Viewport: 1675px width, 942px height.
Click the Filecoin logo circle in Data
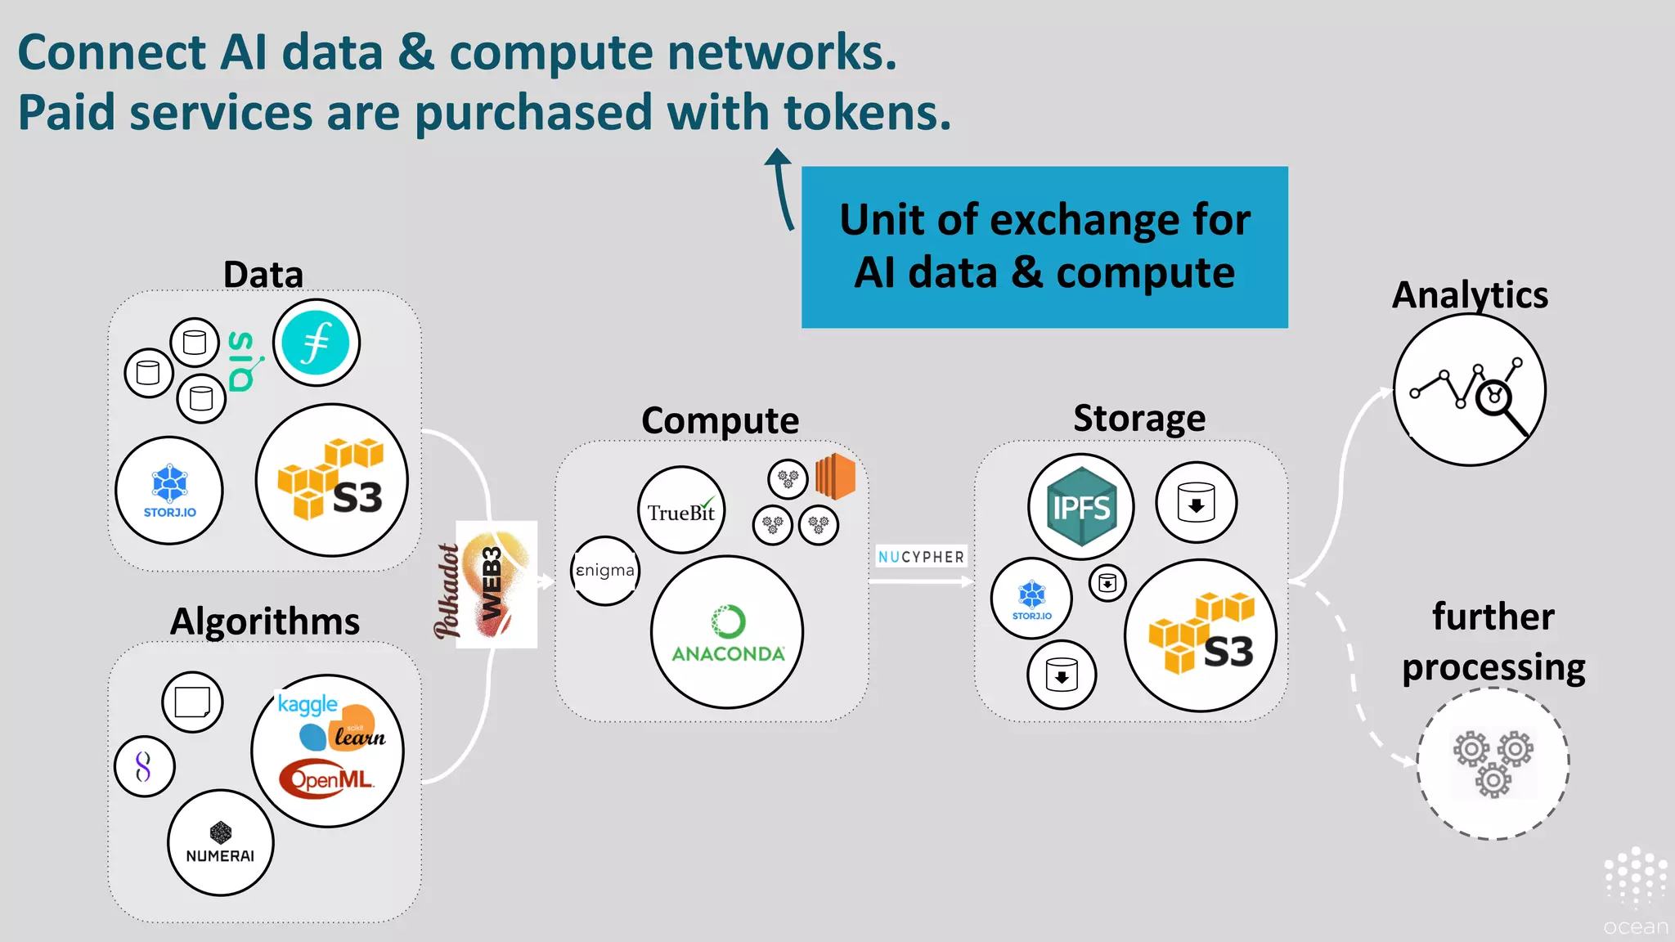[x=317, y=343]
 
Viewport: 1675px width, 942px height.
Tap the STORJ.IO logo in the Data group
[x=169, y=491]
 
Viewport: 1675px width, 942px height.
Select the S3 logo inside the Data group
[x=332, y=481]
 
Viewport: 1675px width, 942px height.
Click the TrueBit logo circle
[x=681, y=510]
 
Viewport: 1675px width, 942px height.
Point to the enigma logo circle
[x=605, y=571]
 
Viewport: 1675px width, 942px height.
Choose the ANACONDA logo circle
[x=727, y=632]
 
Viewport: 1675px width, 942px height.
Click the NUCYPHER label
[x=921, y=557]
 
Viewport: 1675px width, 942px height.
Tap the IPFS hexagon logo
[x=1081, y=507]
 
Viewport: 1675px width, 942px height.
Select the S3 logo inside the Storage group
[x=1201, y=635]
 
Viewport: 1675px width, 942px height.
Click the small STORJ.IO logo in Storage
[x=1031, y=599]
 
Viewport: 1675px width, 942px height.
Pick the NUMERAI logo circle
[x=220, y=843]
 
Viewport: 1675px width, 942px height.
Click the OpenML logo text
[x=327, y=779]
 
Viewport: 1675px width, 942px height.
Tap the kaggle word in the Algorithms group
[x=308, y=704]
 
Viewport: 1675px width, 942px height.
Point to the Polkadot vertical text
[x=447, y=591]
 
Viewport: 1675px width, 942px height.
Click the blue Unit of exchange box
[x=1044, y=247]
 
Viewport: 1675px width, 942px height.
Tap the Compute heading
[x=720, y=420]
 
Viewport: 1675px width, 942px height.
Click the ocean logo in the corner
[x=1635, y=891]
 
